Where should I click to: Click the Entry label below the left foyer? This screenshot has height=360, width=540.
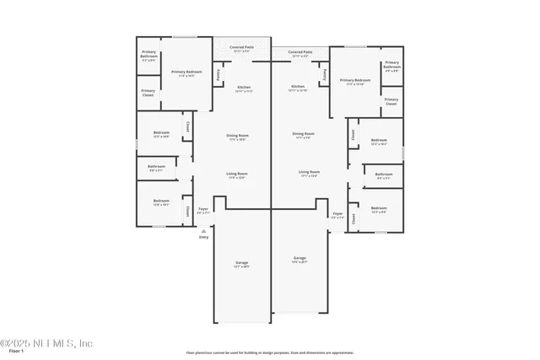point(203,238)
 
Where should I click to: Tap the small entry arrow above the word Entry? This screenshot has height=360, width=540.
point(203,230)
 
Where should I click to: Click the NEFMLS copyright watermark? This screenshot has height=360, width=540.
point(46,343)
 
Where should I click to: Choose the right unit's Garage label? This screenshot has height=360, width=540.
point(299,259)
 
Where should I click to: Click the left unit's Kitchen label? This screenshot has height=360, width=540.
point(243,88)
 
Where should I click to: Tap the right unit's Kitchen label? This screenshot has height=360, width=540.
point(298,88)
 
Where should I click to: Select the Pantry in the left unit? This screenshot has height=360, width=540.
point(218,75)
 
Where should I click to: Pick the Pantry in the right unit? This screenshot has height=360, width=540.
point(324,75)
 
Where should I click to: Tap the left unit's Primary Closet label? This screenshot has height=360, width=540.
point(148,92)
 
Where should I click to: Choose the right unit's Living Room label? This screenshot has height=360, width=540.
point(309,174)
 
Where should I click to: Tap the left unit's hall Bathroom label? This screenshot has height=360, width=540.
point(157,168)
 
